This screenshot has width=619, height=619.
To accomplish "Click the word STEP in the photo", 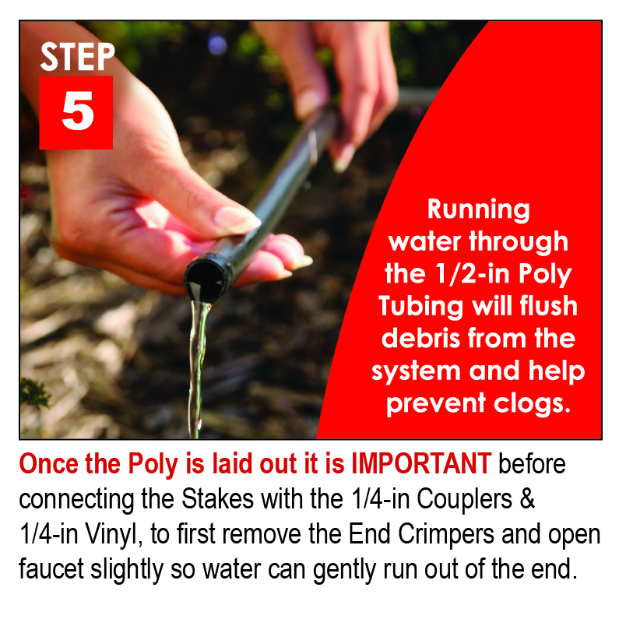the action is (77, 57).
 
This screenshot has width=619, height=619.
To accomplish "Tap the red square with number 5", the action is (76, 112).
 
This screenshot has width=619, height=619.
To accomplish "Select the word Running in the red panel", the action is (479, 209).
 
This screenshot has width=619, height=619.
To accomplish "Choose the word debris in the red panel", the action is (420, 339).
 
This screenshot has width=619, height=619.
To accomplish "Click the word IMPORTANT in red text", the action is (421, 463).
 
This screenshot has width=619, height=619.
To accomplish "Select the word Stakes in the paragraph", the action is (217, 499).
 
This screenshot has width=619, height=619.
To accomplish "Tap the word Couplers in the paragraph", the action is (465, 500).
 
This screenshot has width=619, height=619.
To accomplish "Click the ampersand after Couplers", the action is (527, 499).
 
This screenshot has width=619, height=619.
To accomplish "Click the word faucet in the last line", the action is (51, 569).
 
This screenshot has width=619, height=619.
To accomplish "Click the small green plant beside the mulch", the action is (36, 393).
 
